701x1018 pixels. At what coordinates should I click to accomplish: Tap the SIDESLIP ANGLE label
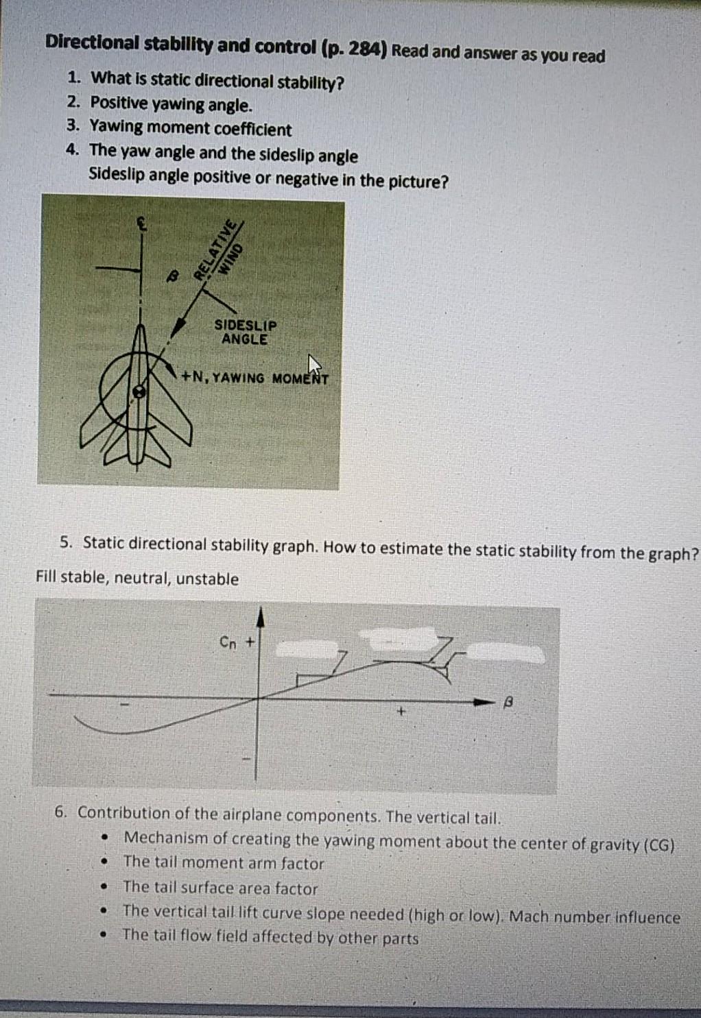click(245, 332)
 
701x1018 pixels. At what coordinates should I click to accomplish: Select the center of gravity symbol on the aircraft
click(139, 392)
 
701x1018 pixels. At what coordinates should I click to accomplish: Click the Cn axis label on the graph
click(228, 642)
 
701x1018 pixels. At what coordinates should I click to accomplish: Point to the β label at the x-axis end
click(508, 702)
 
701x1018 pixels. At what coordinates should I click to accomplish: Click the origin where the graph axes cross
click(259, 698)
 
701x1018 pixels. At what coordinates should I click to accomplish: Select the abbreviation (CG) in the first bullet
click(661, 845)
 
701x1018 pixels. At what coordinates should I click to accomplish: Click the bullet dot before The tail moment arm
click(104, 862)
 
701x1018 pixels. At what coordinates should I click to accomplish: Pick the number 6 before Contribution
click(60, 812)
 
